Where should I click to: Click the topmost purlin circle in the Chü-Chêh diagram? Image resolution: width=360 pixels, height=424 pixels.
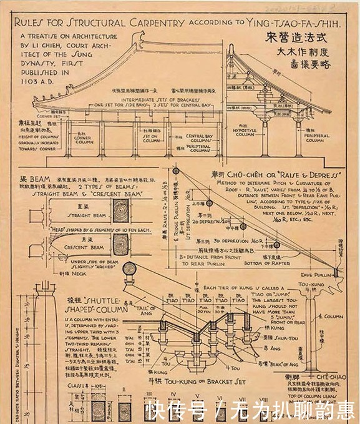point(177,173)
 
